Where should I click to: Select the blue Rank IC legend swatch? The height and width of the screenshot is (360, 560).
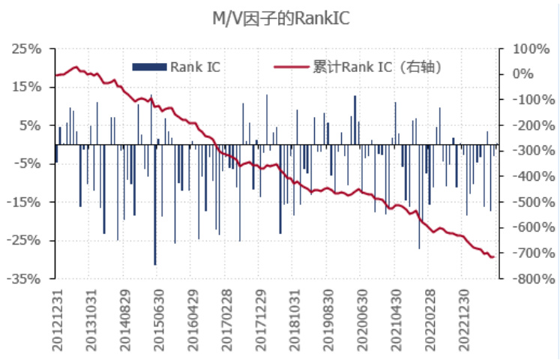(148, 67)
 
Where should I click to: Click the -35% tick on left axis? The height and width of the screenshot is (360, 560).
(25, 279)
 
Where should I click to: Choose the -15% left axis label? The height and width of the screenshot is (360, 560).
(25, 202)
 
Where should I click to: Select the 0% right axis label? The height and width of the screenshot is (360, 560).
(523, 74)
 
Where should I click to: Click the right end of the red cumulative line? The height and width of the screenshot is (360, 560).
(493, 257)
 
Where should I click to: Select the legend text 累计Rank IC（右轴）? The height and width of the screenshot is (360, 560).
(376, 67)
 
